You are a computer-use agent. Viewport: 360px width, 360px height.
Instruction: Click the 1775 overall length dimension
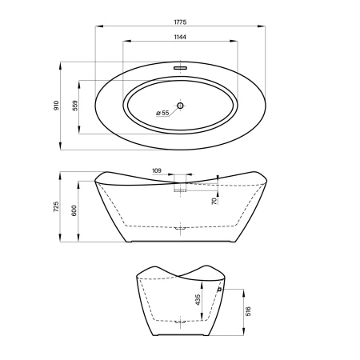click(180, 22)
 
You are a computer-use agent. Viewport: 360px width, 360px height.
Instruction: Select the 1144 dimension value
click(180, 37)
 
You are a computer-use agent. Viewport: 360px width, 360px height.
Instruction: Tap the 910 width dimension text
click(56, 106)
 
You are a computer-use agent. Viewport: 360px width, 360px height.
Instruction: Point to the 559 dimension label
click(75, 106)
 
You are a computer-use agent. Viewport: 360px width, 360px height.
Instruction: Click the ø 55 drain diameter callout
click(162, 113)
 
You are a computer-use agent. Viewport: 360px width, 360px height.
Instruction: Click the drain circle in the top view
click(180, 106)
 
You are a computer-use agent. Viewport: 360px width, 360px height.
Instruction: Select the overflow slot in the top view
click(181, 68)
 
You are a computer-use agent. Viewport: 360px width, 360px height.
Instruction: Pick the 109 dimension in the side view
click(157, 170)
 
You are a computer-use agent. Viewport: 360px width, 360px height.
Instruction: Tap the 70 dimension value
click(214, 201)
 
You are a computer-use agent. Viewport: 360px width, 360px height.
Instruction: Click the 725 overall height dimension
click(56, 207)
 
